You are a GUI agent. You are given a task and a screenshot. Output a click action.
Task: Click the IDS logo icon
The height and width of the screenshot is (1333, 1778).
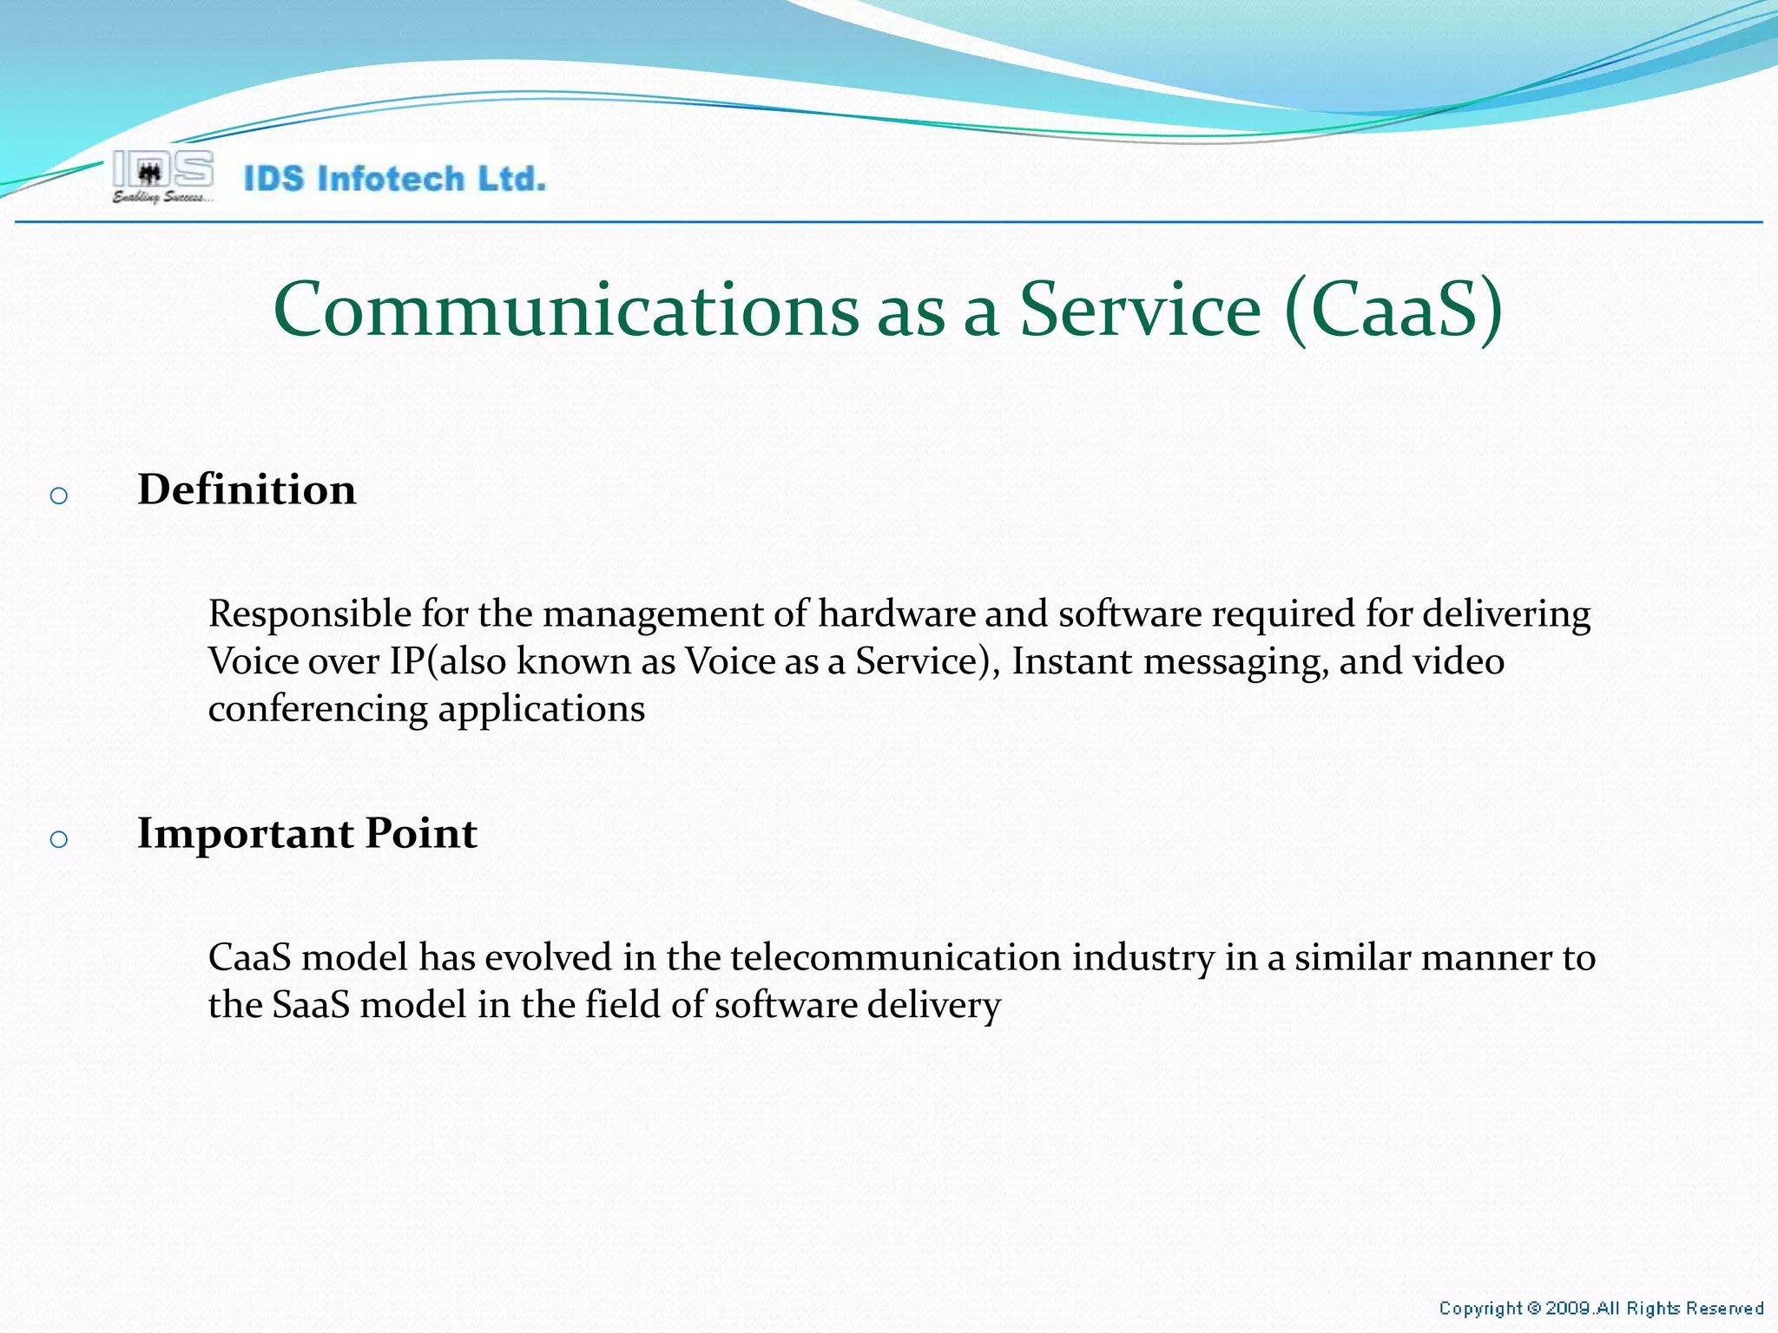pyautogui.click(x=162, y=170)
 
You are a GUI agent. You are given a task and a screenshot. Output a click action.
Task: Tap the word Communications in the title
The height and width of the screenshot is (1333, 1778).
pyautogui.click(x=565, y=310)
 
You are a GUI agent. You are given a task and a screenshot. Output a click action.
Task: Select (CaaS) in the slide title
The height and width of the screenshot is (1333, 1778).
pyautogui.click(x=1393, y=310)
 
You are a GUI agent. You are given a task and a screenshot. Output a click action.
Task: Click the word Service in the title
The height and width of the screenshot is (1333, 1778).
pyautogui.click(x=1139, y=310)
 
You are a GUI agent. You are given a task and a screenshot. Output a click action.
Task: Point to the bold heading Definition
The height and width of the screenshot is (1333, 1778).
pyautogui.click(x=247, y=489)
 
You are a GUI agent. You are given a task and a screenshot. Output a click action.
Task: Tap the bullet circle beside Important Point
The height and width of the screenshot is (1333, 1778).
pyautogui.click(x=59, y=839)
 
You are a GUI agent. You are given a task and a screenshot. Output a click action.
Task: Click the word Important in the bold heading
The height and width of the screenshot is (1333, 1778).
pyautogui.click(x=245, y=834)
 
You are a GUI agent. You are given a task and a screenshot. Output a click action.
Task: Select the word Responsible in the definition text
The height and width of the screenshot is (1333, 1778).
pyautogui.click(x=309, y=614)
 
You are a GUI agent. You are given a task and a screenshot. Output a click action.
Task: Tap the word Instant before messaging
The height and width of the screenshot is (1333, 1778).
pyautogui.click(x=1071, y=661)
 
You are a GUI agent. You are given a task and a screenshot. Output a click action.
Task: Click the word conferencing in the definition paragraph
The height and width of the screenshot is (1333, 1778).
pyautogui.click(x=318, y=709)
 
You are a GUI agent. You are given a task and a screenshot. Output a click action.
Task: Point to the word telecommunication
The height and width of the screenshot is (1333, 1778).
pyautogui.click(x=896, y=957)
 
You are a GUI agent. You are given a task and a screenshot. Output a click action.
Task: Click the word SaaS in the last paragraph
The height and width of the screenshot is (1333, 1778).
pyautogui.click(x=311, y=1005)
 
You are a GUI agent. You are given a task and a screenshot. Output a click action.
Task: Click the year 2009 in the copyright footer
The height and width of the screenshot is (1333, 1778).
pyautogui.click(x=1568, y=1308)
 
